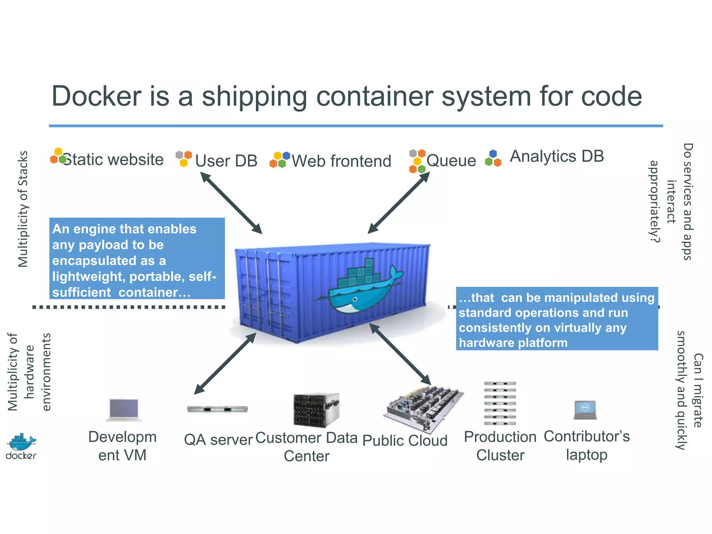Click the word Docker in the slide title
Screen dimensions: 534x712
pyautogui.click(x=97, y=96)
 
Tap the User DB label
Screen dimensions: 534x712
pyautogui.click(x=226, y=161)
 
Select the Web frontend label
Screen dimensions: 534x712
pyautogui.click(x=341, y=161)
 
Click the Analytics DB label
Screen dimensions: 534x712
pyautogui.click(x=557, y=156)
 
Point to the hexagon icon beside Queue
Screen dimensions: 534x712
pyautogui.click(x=417, y=161)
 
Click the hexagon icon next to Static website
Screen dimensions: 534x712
pyautogui.click(x=58, y=156)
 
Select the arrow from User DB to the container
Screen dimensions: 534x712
pyautogui.click(x=231, y=203)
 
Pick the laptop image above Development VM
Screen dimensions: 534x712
pyautogui.click(x=124, y=410)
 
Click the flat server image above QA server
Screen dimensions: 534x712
pyautogui.click(x=217, y=409)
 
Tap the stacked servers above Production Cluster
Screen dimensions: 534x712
pyautogui.click(x=500, y=403)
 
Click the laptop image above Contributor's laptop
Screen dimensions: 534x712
pyautogui.click(x=585, y=410)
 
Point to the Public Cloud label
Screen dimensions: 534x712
pyautogui.click(x=405, y=440)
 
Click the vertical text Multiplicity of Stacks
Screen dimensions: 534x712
pyautogui.click(x=23, y=209)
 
